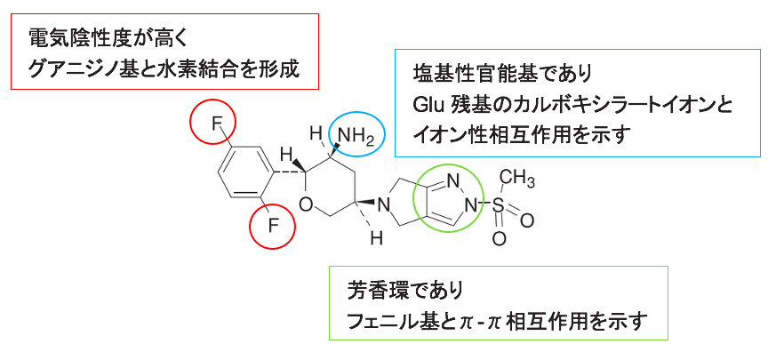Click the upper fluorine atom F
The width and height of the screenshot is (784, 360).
(x=216, y=124)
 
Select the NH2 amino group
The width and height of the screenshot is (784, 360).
(x=357, y=136)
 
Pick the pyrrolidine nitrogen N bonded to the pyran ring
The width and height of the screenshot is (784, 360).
(x=384, y=206)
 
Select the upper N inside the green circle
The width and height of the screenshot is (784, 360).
(x=454, y=182)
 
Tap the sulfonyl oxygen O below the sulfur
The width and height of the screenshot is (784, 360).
(x=500, y=237)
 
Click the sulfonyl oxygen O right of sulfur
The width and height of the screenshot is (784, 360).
(x=530, y=217)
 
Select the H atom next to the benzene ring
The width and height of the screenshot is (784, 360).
(x=287, y=152)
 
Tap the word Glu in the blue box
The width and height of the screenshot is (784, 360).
(x=430, y=104)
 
